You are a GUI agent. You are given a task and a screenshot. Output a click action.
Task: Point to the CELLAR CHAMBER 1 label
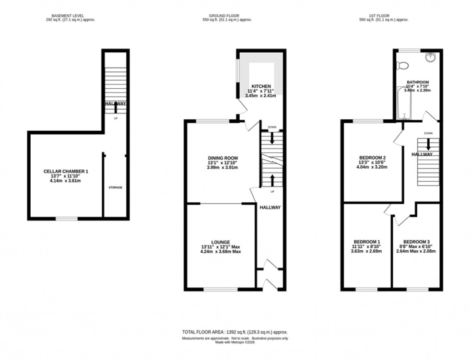pos(66,171)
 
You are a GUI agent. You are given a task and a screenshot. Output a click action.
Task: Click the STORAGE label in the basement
pos(115,187)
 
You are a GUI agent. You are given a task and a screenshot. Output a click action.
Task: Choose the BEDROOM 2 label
pos(373,158)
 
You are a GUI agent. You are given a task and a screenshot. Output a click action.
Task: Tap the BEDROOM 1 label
pos(366,241)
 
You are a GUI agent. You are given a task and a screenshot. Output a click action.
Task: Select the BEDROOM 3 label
pos(416,241)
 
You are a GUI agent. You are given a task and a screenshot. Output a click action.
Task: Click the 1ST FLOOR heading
pos(383,15)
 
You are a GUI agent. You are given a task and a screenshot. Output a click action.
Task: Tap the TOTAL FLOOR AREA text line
pos(235,332)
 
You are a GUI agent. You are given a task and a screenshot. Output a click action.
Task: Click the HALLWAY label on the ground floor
pos(270,208)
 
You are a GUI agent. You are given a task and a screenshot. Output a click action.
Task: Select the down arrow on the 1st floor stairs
pos(428,144)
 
